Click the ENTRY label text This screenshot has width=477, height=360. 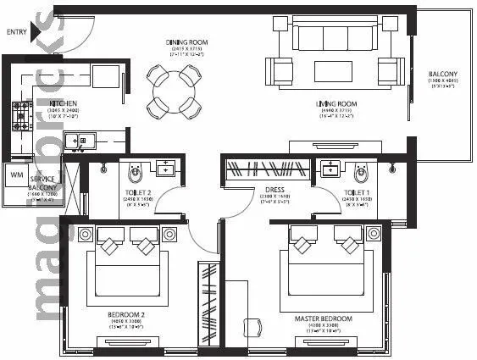pyautogui.click(x=15, y=32)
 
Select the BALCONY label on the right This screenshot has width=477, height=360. pyautogui.click(x=442, y=75)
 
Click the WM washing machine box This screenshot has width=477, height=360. pyautogui.click(x=16, y=175)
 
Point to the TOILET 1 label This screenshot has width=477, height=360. pyautogui.click(x=356, y=194)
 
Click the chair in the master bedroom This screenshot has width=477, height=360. pyautogui.click(x=252, y=327)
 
